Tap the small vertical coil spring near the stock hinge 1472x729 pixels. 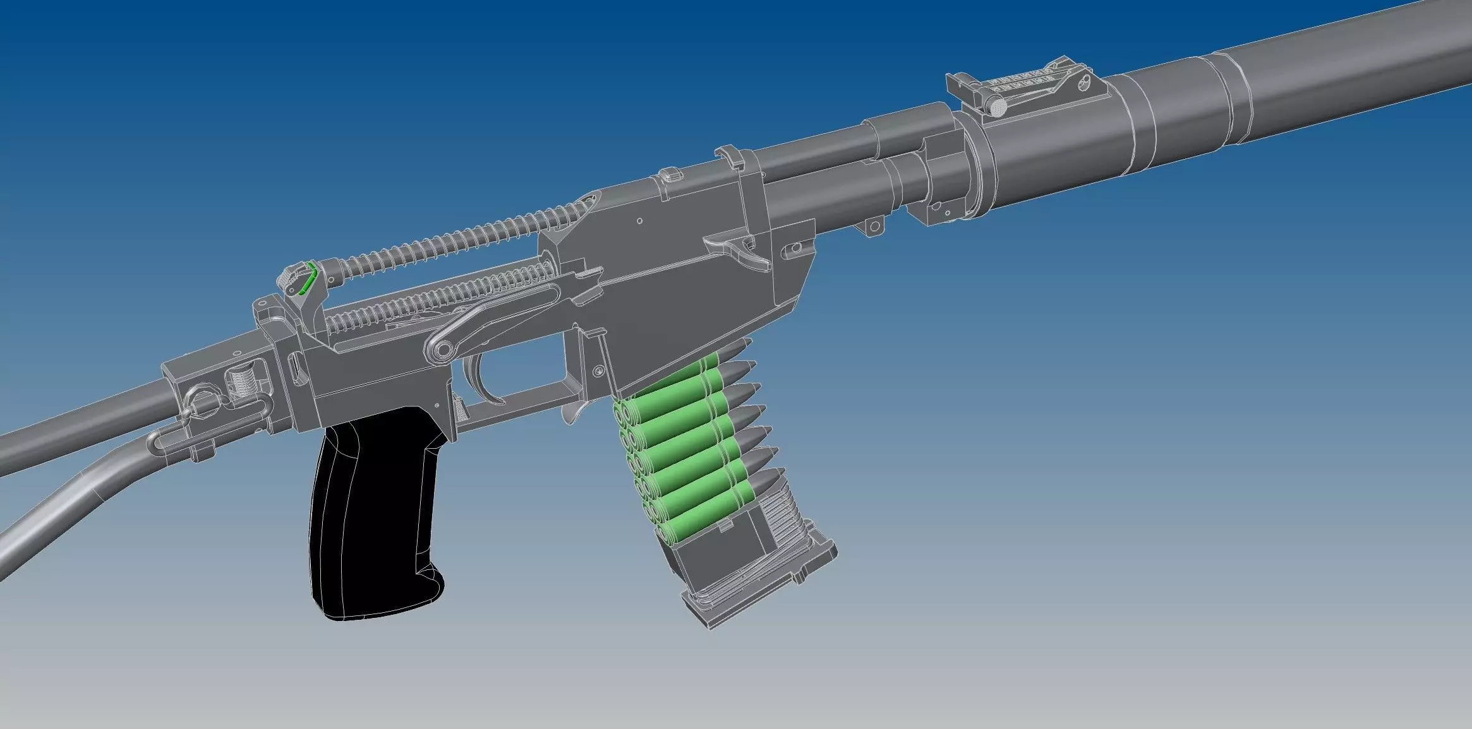point(243,382)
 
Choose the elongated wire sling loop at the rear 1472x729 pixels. point(183,439)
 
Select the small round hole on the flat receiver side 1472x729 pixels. point(639,221)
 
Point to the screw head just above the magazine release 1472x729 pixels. point(596,372)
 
